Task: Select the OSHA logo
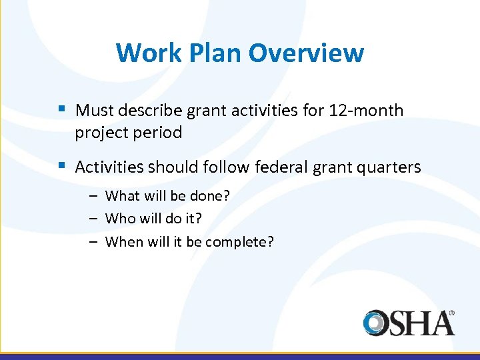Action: pos(409,322)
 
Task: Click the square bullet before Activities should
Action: pos(62,165)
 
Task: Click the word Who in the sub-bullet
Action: pos(119,219)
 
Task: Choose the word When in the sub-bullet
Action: pos(123,241)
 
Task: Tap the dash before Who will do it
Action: pos(94,219)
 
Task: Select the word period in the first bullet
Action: pos(159,133)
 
